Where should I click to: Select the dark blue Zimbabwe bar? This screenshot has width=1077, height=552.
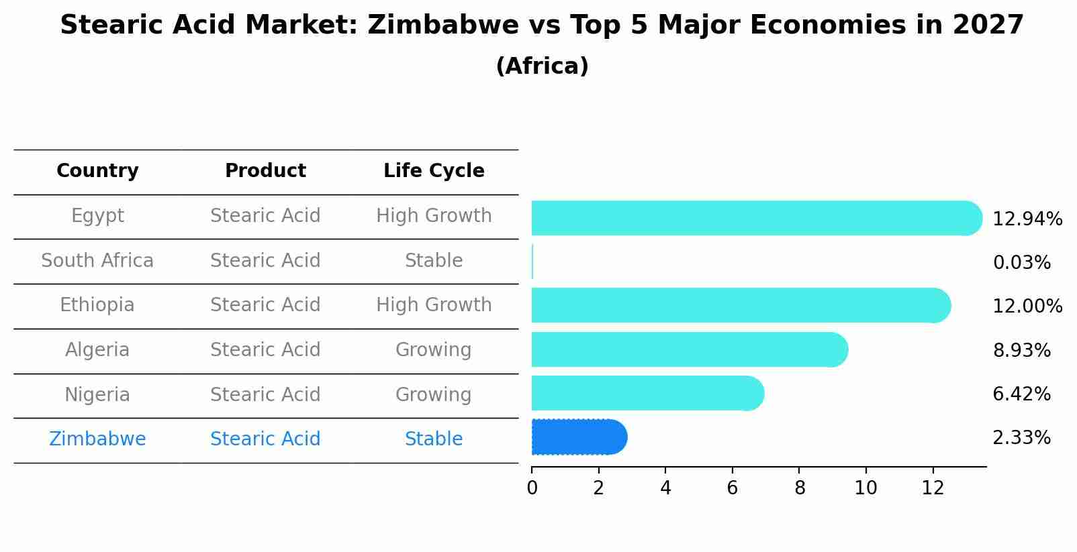coord(577,437)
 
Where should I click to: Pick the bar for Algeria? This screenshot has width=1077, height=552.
coord(688,349)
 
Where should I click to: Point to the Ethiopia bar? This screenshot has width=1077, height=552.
coord(739,305)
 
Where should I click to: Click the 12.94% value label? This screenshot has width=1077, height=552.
coord(1027,219)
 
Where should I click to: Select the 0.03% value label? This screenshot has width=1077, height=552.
coord(1021,263)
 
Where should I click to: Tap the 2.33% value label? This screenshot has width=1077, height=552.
coord(1021,438)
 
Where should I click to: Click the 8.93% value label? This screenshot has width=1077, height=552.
coord(1021,350)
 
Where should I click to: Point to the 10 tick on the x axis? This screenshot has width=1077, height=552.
coord(865,488)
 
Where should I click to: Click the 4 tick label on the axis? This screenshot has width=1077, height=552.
coord(665,488)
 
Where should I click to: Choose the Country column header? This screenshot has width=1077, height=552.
coord(97,171)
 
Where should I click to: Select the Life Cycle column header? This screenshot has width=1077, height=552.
coord(434,171)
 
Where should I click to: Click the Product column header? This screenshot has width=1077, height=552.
coord(265,171)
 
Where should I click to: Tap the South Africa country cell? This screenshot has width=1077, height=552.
coord(97,261)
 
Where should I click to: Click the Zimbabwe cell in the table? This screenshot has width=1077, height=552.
coord(97,439)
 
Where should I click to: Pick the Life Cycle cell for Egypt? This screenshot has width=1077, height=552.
coord(434,216)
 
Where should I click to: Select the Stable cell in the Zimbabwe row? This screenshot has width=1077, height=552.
coord(434,439)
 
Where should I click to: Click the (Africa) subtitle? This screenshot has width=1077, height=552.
coord(542,66)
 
